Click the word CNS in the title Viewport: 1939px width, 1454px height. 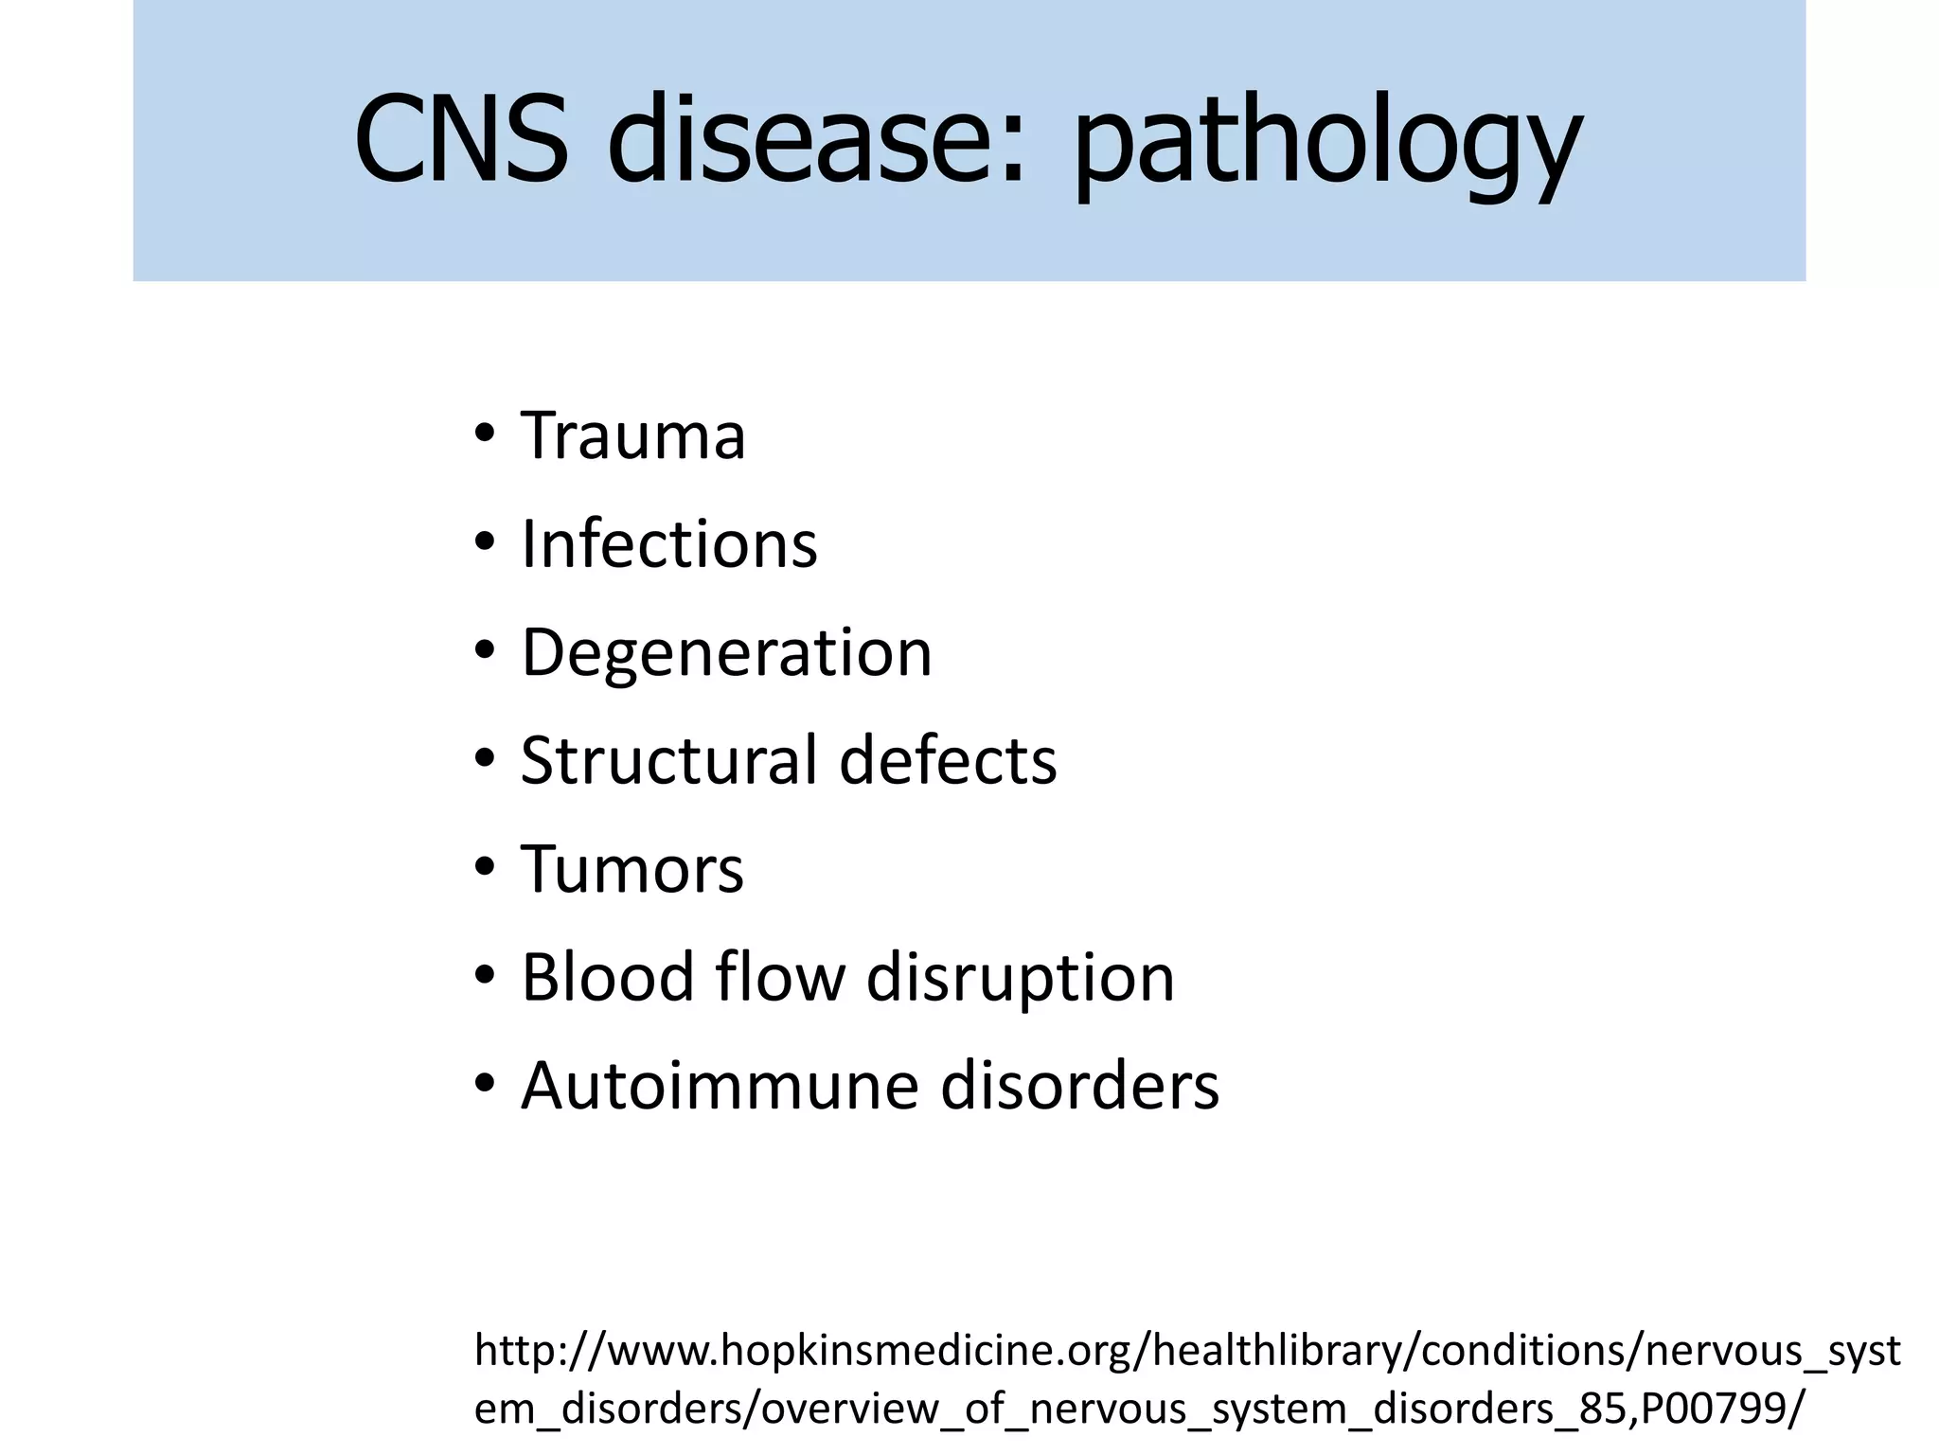pos(461,139)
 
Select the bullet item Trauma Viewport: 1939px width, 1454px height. pos(632,436)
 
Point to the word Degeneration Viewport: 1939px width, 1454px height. pos(726,653)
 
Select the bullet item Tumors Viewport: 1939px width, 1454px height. pos(632,869)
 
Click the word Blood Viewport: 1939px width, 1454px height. pos(607,977)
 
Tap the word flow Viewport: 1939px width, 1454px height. pos(780,977)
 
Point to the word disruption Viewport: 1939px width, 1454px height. pos(1020,979)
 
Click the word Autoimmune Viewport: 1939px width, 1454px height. pos(720,1086)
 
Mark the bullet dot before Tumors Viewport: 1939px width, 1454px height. pos(485,867)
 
